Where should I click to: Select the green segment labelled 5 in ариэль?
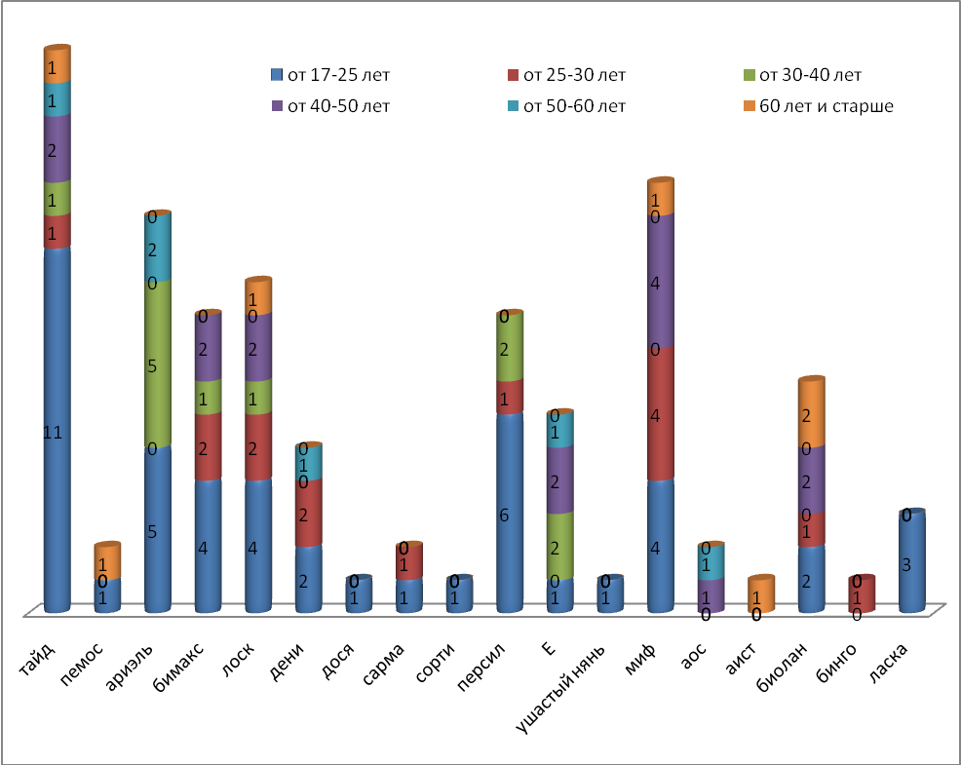coord(157,364)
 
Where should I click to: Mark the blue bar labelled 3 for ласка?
coord(911,562)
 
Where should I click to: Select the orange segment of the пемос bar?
coord(107,561)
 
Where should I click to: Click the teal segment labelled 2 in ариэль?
coord(157,248)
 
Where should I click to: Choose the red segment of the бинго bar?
coord(863,594)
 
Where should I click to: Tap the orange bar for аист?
coord(761,594)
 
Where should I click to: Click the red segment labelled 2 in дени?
coord(308,513)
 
